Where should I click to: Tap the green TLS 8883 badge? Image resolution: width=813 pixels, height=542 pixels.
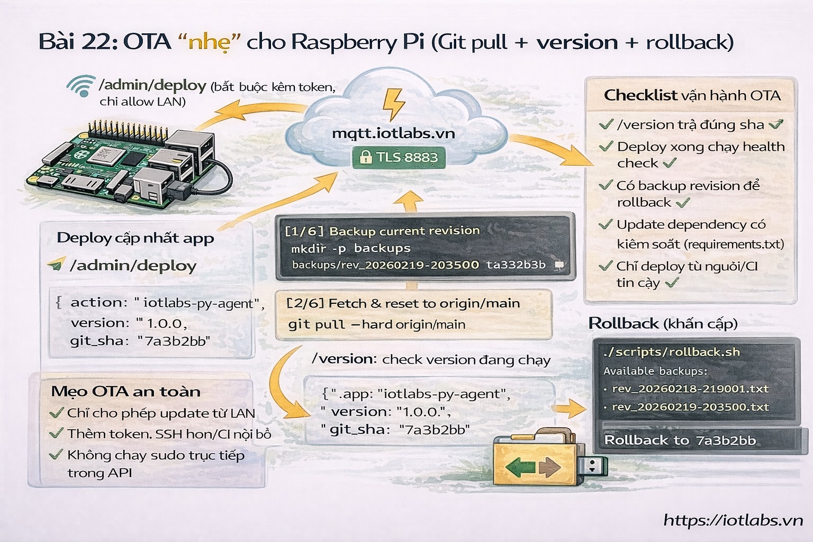coord(399,157)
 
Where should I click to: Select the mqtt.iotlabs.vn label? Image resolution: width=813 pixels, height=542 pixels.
coord(393,133)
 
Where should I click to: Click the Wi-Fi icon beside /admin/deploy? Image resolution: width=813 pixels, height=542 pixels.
coord(80,86)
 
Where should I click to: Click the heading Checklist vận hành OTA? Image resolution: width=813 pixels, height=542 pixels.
coord(692,96)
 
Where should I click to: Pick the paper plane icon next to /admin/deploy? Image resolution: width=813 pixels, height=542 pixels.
coord(56,264)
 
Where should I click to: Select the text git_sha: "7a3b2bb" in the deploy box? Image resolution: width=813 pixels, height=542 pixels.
coord(140,341)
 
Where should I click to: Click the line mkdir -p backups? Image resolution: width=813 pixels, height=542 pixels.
coord(350,248)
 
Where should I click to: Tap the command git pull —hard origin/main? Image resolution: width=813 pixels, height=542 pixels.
coord(376,324)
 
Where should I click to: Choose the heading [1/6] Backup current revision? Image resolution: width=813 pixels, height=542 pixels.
coord(382,231)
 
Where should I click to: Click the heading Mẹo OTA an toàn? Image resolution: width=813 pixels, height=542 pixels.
coord(126,392)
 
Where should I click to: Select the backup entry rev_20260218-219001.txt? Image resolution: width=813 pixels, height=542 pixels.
coord(690,389)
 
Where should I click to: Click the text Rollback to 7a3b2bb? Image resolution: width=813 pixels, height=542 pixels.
coord(680,440)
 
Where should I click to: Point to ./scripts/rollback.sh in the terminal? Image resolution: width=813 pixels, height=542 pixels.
coord(671,352)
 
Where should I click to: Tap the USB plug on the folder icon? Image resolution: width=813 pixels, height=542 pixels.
coord(594,466)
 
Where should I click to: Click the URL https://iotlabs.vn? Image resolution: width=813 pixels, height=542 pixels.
coord(733,520)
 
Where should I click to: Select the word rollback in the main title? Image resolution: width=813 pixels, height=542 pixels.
coord(689,42)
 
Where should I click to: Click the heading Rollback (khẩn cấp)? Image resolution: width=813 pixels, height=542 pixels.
coord(663,323)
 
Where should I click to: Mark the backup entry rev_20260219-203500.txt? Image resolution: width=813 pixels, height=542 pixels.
coord(690,407)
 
